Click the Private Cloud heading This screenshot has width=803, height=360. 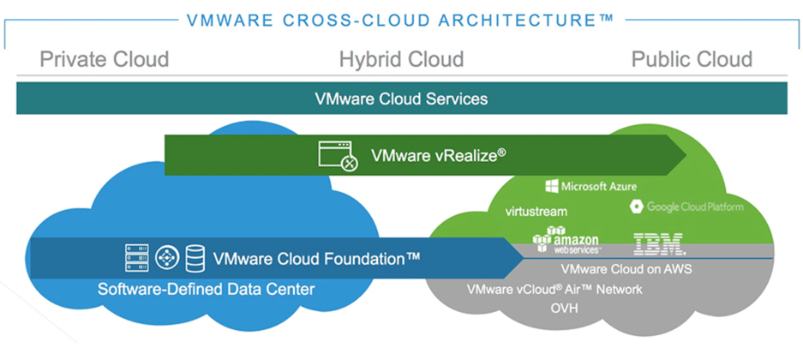[x=104, y=59]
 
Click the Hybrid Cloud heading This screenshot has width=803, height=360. [x=401, y=59]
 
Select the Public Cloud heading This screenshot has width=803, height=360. [x=692, y=59]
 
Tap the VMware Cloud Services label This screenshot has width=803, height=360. [x=401, y=99]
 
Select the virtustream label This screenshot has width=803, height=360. [x=536, y=210]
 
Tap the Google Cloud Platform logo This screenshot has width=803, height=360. [x=686, y=207]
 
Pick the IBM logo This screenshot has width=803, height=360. [x=659, y=243]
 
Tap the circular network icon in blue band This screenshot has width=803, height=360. [x=167, y=257]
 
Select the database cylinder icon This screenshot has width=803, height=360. [x=196, y=257]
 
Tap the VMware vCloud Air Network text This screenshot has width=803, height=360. [x=554, y=289]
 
